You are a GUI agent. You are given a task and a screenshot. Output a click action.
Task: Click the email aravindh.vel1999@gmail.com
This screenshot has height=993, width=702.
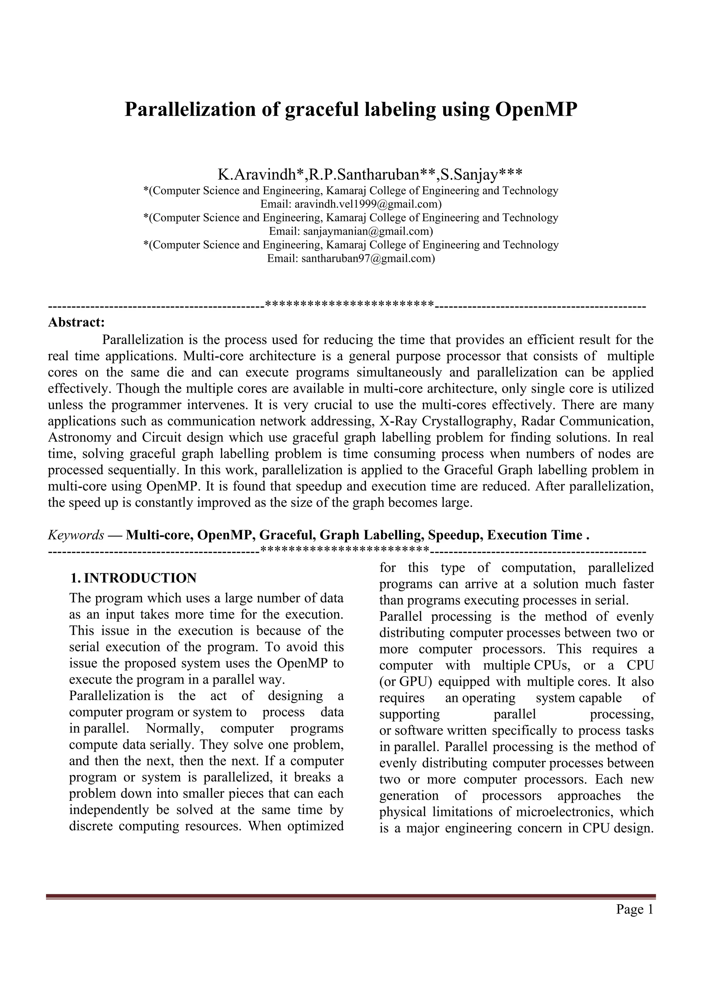pyautogui.click(x=368, y=204)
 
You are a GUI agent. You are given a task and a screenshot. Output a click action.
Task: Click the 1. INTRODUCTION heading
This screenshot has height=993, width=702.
pyautogui.click(x=134, y=578)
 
